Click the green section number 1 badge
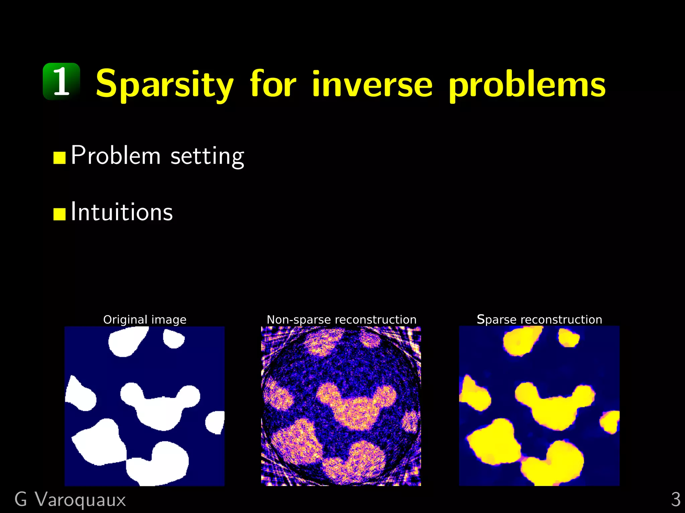(62, 81)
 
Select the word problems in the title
(527, 85)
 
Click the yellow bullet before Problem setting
(59, 158)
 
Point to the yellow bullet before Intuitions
(59, 214)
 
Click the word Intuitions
(122, 212)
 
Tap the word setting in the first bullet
(207, 156)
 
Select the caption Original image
(144, 320)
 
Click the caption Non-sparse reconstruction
(341, 320)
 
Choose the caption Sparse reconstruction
(539, 320)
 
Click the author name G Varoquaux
(70, 500)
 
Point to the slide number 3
(675, 500)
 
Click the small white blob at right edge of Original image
(215, 422)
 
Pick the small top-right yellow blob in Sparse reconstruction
(568, 337)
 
